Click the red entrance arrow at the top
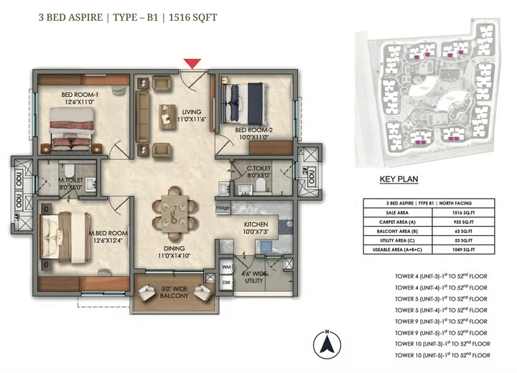(192, 64)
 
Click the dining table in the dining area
(173, 209)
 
